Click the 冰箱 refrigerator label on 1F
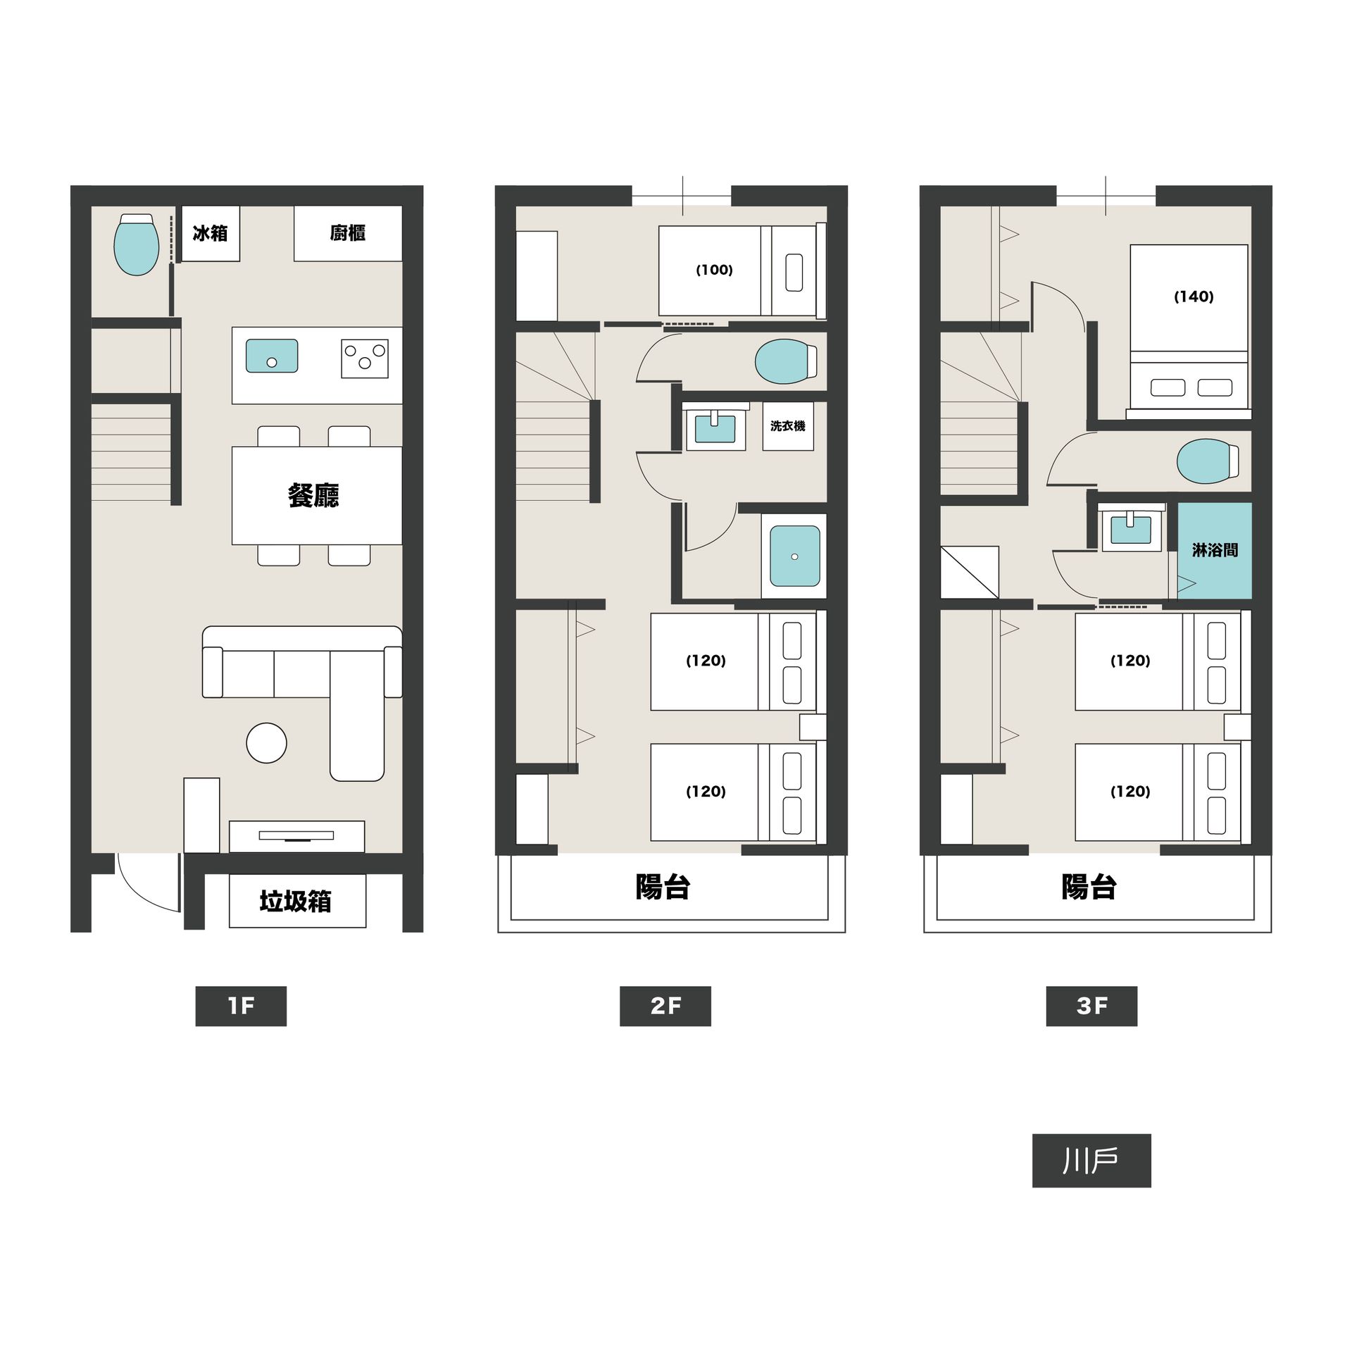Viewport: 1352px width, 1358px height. pyautogui.click(x=210, y=233)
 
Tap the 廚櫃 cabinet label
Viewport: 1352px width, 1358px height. pyautogui.click(x=348, y=233)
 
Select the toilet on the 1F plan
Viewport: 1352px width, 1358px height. pyautogui.click(x=137, y=244)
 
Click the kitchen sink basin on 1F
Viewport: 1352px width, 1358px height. pyautogui.click(x=272, y=356)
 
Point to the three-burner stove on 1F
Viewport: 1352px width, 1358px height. pyautogui.click(x=365, y=359)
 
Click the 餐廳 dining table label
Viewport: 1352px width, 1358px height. pyautogui.click(x=313, y=496)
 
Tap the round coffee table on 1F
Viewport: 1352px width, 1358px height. pyautogui.click(x=267, y=743)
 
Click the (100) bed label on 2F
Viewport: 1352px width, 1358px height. pyautogui.click(x=715, y=270)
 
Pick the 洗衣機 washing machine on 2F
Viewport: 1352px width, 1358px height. pyautogui.click(x=788, y=426)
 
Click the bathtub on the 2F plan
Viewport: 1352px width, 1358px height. pyautogui.click(x=795, y=556)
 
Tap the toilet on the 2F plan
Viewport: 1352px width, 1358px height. pyautogui.click(x=786, y=362)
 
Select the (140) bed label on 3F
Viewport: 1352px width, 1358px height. pyautogui.click(x=1194, y=297)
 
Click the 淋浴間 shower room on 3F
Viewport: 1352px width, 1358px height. pyautogui.click(x=1215, y=551)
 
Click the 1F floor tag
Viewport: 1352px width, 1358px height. pyautogui.click(x=241, y=1006)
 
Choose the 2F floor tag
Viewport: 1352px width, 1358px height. pyautogui.click(x=665, y=1006)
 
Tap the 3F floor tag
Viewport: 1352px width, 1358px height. pyautogui.click(x=1091, y=1006)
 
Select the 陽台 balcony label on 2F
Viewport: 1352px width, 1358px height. pyautogui.click(x=663, y=887)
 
